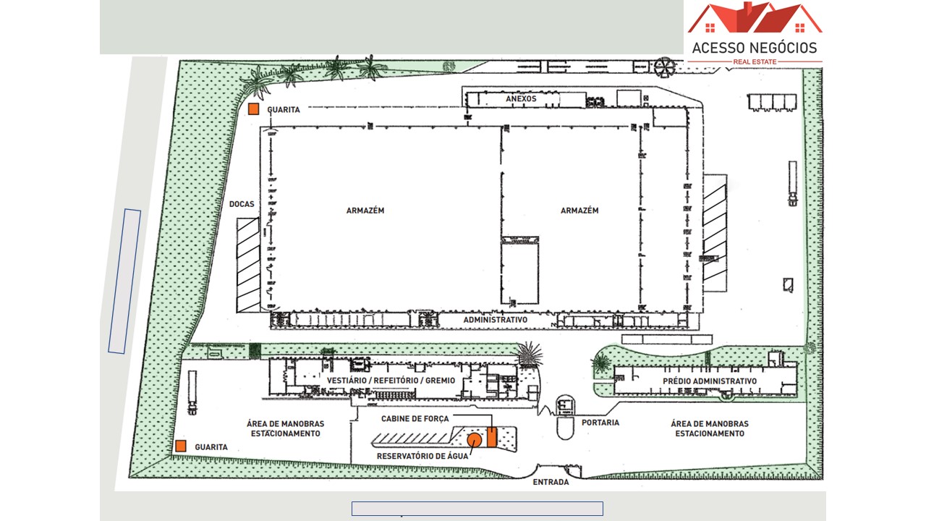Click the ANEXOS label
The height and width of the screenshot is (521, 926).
pyautogui.click(x=521, y=99)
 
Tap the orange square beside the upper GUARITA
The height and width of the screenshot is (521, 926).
pyautogui.click(x=253, y=109)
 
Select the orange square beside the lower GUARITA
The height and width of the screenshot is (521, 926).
pyautogui.click(x=181, y=446)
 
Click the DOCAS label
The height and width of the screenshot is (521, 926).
pyautogui.click(x=242, y=204)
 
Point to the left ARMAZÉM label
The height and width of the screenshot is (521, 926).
pyautogui.click(x=365, y=211)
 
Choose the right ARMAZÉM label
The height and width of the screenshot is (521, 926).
pyautogui.click(x=579, y=211)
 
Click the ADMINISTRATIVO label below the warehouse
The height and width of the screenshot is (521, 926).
pyautogui.click(x=496, y=320)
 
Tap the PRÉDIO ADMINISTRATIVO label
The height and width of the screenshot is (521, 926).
pyautogui.click(x=710, y=381)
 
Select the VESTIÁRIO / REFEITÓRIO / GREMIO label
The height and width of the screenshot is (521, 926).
pyautogui.click(x=391, y=381)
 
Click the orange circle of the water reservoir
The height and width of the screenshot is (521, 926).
pyautogui.click(x=474, y=440)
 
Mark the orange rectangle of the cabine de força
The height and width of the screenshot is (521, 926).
pyautogui.click(x=491, y=437)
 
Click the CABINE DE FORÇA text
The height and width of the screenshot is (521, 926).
pyautogui.click(x=415, y=418)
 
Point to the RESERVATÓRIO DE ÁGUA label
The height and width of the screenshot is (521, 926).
pyautogui.click(x=422, y=456)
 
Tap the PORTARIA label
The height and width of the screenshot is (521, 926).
pyautogui.click(x=600, y=423)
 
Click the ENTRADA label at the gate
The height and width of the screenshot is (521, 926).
pyautogui.click(x=551, y=482)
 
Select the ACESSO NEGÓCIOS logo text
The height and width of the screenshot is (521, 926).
pyautogui.click(x=755, y=48)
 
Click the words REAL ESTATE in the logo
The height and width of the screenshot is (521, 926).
pyautogui.click(x=755, y=62)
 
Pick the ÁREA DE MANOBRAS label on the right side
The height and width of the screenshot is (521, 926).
pyautogui.click(x=710, y=423)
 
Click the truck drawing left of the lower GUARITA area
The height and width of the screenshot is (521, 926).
pyautogui.click(x=192, y=392)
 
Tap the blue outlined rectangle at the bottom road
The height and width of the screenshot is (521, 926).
pyautogui.click(x=477, y=509)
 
